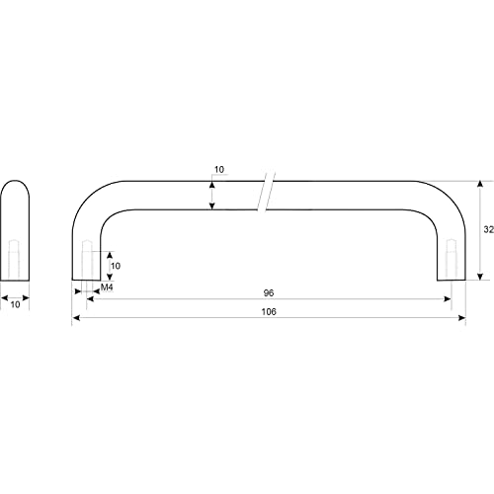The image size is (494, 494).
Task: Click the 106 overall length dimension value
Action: (x=269, y=311)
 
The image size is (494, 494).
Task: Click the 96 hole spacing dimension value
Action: (x=269, y=292)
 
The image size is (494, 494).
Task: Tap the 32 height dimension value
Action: (x=488, y=229)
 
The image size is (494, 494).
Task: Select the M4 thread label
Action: (x=107, y=288)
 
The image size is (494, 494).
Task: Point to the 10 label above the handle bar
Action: (x=219, y=170)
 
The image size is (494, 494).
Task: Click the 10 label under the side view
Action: (x=15, y=304)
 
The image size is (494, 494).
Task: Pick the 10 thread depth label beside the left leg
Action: (x=116, y=266)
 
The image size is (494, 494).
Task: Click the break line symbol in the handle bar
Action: (x=266, y=192)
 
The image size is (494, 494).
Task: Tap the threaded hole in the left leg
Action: (x=87, y=260)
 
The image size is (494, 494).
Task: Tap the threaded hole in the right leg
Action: (x=452, y=260)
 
